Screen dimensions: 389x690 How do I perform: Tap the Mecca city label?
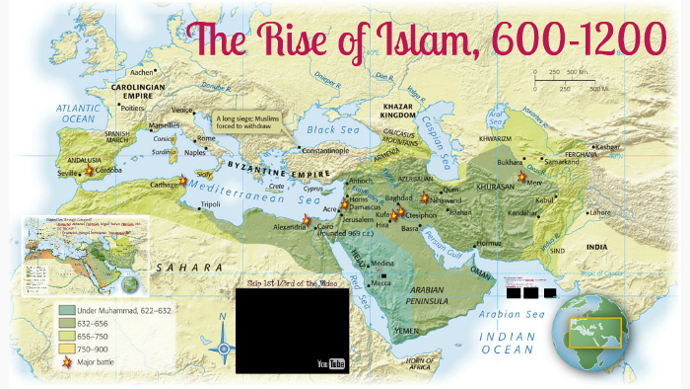pos(383,282)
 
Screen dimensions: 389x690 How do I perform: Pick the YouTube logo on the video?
pos(331,362)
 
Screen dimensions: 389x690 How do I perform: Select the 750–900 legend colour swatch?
pos(66,350)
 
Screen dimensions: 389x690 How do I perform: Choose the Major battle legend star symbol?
pos(66,362)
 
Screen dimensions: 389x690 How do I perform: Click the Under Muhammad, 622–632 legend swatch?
pos(66,310)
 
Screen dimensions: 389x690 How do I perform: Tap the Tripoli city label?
pos(210,204)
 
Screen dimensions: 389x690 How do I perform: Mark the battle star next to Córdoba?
pos(90,170)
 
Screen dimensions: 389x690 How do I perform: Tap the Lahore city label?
pos(601,212)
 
